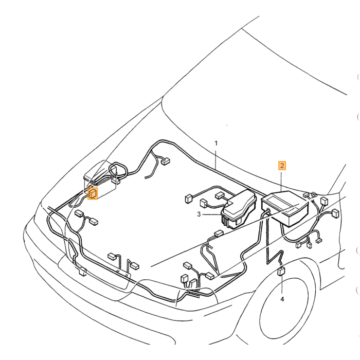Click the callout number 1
coord(216,143)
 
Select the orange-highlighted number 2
coord(282,166)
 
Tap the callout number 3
coord(199,214)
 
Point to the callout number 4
coord(282,299)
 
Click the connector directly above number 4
coord(281,271)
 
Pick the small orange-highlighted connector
coord(93,193)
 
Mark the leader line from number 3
coord(211,214)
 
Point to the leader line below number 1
coord(216,159)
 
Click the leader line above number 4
coord(282,285)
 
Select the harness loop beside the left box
coord(118,170)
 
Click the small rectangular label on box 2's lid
coord(291,210)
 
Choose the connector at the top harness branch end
coord(166,161)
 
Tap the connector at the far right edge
coord(335,213)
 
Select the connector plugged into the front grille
coord(82,272)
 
